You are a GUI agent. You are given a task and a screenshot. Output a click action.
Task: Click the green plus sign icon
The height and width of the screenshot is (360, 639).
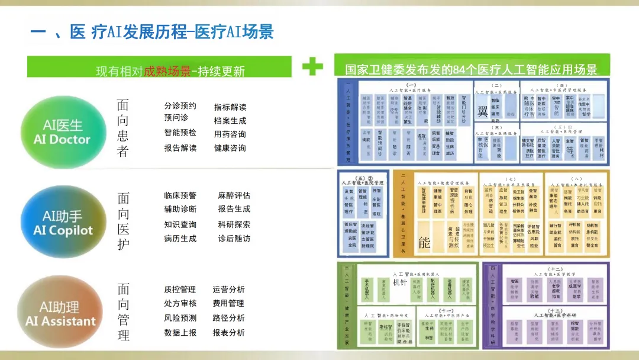[x=312, y=66]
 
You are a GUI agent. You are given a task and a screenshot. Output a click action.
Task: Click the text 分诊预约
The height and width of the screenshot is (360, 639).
[x=180, y=106]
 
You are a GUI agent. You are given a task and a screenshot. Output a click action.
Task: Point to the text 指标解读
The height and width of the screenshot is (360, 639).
[x=230, y=107]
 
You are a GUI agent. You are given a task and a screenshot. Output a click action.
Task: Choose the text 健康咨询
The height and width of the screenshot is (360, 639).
[x=230, y=148]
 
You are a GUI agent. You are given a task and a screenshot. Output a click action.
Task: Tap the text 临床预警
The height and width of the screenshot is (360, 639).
[x=180, y=195]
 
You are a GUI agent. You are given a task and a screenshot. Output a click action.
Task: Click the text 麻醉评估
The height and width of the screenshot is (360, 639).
[x=234, y=195]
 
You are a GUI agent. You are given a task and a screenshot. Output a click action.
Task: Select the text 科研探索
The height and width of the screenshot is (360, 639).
[x=234, y=224]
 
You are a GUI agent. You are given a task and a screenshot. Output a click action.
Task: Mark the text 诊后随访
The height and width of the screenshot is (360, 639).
[x=234, y=239]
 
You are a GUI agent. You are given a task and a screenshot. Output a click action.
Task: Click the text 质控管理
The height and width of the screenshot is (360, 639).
[x=180, y=290]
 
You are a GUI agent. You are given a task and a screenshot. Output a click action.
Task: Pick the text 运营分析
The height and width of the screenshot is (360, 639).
[x=228, y=290]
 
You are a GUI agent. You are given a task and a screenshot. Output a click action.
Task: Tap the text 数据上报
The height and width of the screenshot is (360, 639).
[x=180, y=333]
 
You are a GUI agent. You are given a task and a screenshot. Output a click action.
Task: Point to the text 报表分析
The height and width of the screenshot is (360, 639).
[x=228, y=333]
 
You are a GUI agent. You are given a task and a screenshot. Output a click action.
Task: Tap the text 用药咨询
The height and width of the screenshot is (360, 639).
[x=230, y=134]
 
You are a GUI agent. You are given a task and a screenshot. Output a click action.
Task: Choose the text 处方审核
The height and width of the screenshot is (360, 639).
[x=180, y=303]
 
